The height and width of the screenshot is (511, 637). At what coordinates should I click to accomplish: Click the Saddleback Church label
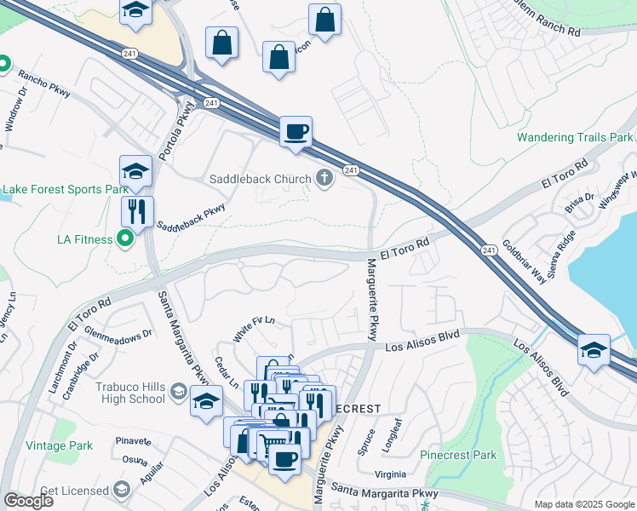261,179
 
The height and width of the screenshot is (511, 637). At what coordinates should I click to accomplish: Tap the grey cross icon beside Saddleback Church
323,178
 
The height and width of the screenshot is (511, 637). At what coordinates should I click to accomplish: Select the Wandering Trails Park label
575,137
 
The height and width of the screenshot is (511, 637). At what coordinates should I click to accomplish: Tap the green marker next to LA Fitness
126,239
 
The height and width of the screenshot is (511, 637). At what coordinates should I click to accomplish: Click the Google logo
28,501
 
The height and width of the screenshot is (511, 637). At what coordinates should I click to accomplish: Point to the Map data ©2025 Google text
583,504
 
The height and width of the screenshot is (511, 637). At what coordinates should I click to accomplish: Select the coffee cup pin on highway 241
296,132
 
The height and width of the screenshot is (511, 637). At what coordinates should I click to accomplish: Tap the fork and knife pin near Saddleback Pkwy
136,210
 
